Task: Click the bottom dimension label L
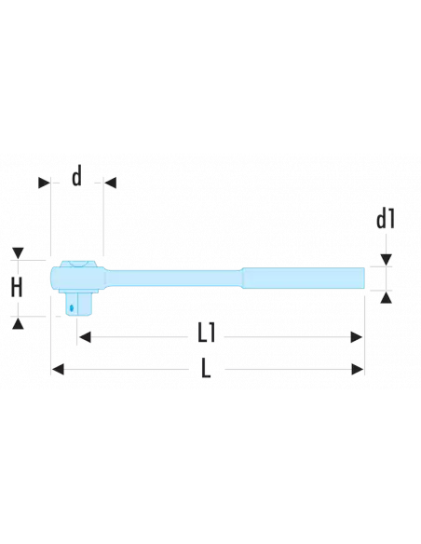206,370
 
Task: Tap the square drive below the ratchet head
77,304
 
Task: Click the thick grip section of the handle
303,278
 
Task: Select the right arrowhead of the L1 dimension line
357,334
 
